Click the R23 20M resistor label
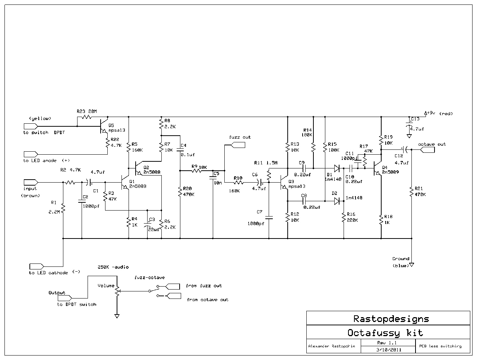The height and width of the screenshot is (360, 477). point(86,111)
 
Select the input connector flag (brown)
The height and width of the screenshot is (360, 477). point(31,182)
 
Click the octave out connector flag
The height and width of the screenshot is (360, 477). point(427,150)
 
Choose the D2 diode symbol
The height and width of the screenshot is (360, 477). point(337,201)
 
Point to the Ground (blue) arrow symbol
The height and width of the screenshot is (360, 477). point(412,265)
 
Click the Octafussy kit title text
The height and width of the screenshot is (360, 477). point(385,332)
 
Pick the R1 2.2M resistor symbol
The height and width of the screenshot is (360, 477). point(63,208)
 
